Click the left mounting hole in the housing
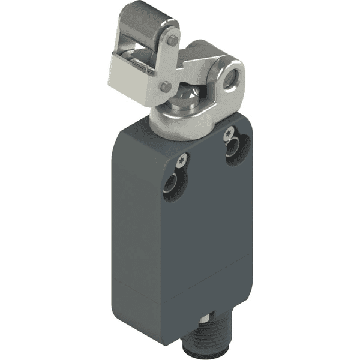coord(177,182)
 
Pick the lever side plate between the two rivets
coord(169,65)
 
